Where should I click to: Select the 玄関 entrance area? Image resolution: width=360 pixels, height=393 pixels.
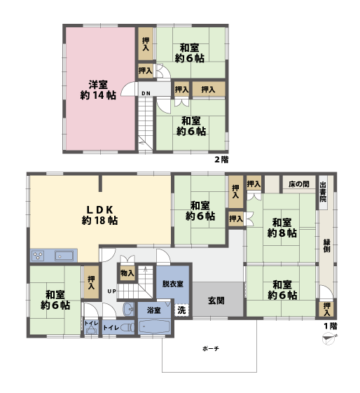[216, 301]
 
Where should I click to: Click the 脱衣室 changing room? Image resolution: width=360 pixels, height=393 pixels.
[172, 284]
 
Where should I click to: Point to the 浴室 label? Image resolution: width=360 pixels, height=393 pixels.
[153, 310]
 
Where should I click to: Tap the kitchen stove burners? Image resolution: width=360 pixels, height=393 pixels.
[38, 255]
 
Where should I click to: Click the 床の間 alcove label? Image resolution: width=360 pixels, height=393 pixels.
[298, 184]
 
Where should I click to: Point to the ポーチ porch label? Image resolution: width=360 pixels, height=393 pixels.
[211, 348]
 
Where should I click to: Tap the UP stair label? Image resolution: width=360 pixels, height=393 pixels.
[111, 291]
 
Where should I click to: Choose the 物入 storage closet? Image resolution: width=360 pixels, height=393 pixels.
[127, 273]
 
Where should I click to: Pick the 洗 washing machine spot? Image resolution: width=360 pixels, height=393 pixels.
[181, 310]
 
